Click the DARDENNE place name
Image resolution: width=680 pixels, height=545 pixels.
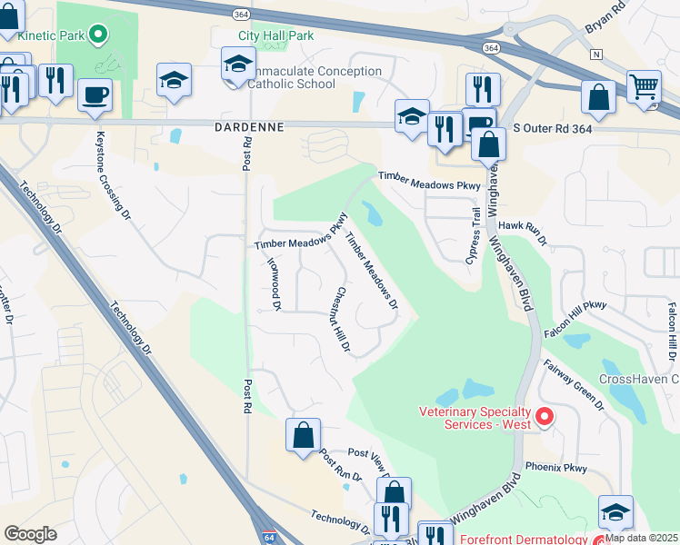(250, 127)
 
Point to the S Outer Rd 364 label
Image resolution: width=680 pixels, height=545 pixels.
(554, 130)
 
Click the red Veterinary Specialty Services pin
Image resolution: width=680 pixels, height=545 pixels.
(545, 417)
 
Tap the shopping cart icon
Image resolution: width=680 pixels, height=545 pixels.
(644, 87)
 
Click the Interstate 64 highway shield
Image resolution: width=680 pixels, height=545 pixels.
(269, 537)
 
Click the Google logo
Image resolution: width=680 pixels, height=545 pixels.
(31, 534)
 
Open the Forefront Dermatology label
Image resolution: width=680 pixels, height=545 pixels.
(525, 539)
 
